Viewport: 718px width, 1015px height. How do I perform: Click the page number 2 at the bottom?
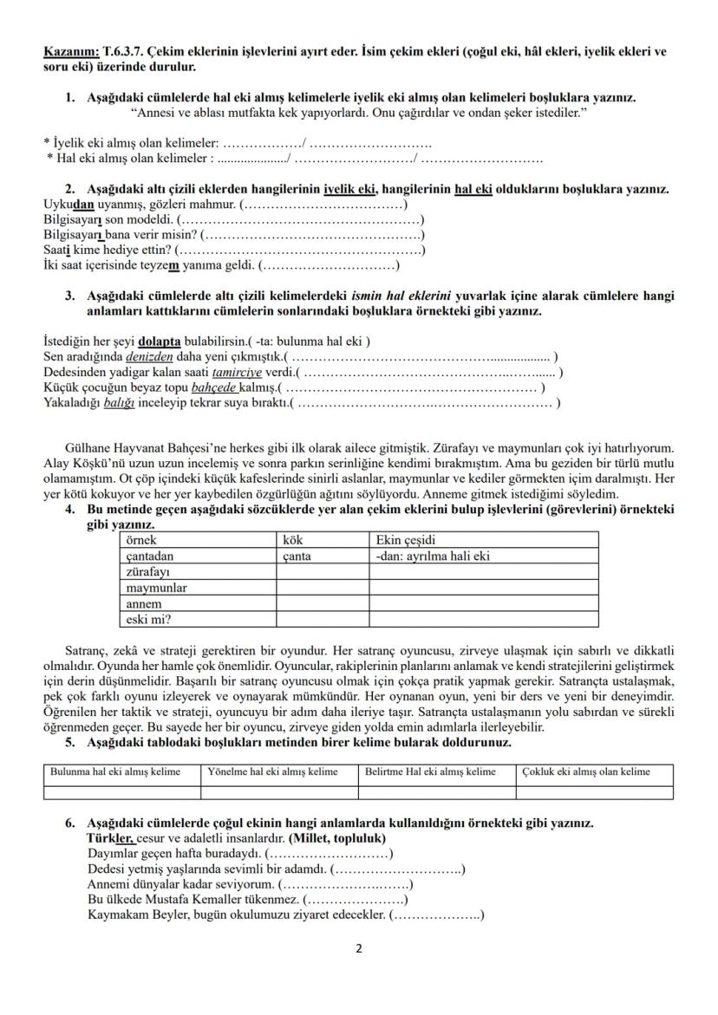click(x=359, y=948)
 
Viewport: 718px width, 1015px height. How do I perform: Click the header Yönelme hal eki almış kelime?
click(x=274, y=771)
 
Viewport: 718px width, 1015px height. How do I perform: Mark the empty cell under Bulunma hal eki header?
click(x=121, y=791)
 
